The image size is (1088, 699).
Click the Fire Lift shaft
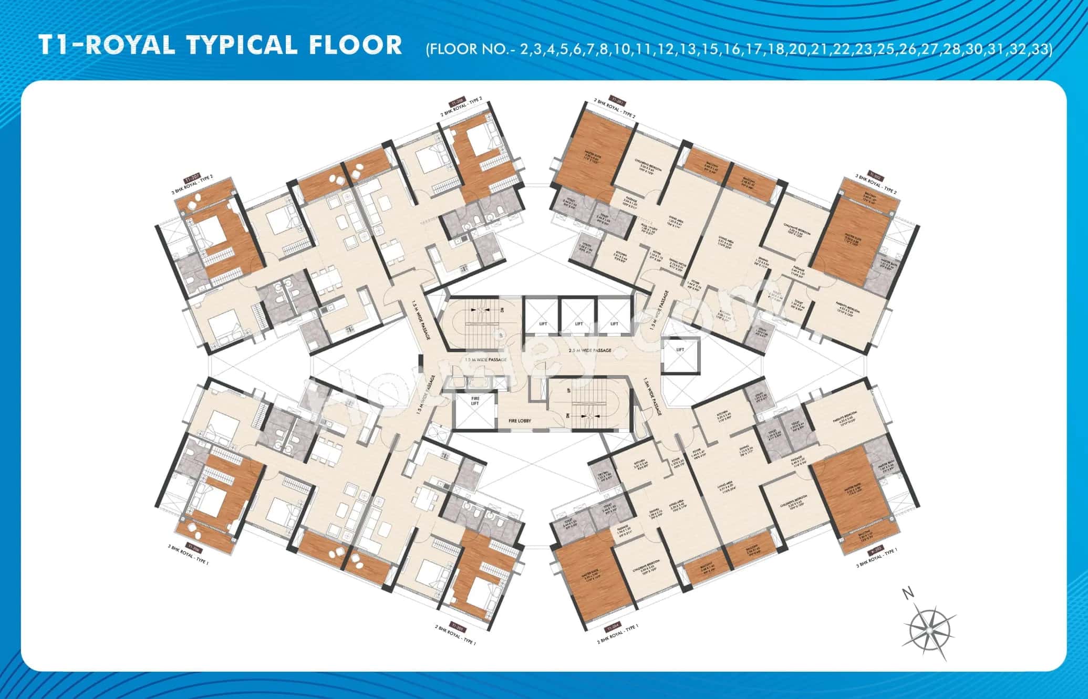474,410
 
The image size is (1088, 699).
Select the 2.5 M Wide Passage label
589,350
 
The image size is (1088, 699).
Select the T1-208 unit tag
455,100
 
